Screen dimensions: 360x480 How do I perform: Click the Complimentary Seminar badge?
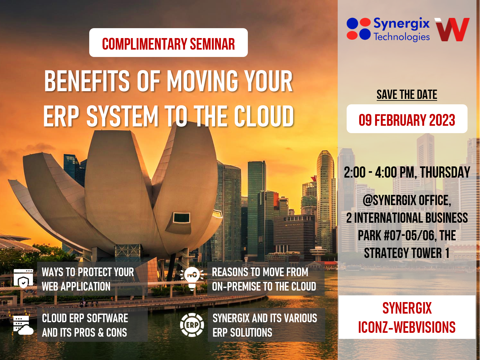click(168, 43)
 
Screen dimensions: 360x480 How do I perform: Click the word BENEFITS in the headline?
click(87, 81)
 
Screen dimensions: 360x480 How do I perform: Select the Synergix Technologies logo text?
click(401, 29)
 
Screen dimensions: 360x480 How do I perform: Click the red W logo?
click(452, 29)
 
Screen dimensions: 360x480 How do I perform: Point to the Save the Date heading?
click(406, 95)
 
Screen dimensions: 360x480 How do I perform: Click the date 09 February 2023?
click(407, 120)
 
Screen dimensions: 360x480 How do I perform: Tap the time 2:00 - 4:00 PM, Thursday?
click(407, 172)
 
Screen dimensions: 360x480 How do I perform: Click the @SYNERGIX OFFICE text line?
click(407, 201)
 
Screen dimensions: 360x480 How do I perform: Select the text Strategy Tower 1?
click(406, 253)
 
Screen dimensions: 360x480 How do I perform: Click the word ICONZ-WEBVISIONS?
click(406, 327)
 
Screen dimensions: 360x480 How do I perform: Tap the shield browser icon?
click(23, 278)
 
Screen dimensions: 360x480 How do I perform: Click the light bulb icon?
click(192, 278)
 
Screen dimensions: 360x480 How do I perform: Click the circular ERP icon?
click(192, 325)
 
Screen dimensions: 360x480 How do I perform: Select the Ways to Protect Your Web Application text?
click(88, 279)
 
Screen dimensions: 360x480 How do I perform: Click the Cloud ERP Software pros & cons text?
click(85, 325)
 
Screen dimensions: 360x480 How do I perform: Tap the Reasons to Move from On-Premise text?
click(264, 279)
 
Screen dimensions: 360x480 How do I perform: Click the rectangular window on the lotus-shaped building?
click(182, 218)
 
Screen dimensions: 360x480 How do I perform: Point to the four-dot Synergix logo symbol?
click(358, 29)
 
